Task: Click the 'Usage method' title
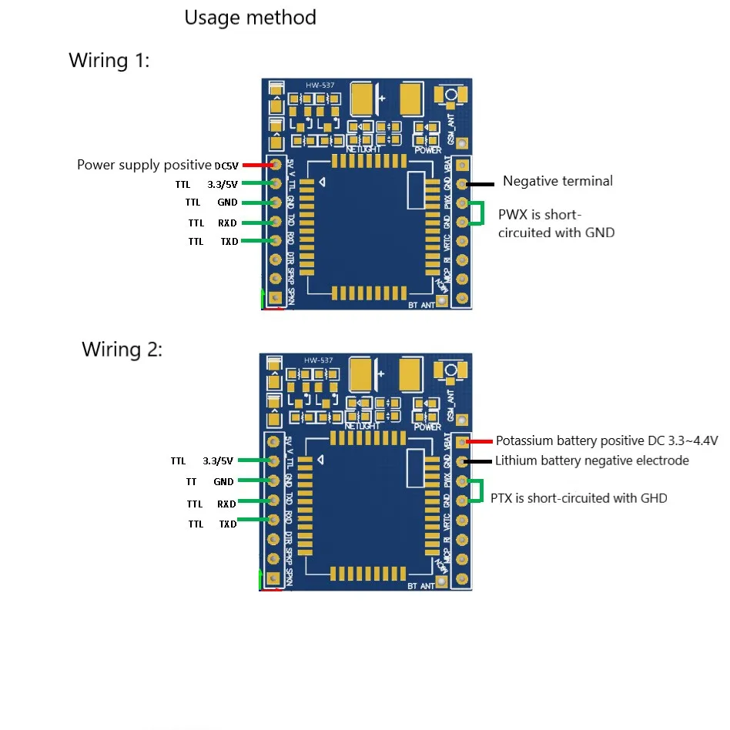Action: (x=250, y=18)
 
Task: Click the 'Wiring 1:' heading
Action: (x=109, y=61)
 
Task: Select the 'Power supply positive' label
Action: (x=144, y=165)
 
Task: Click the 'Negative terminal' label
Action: (x=558, y=181)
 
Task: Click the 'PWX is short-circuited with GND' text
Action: (x=556, y=223)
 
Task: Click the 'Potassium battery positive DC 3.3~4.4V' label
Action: (x=606, y=441)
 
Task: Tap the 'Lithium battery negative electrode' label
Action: (x=591, y=460)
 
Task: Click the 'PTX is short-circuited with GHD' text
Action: (x=578, y=498)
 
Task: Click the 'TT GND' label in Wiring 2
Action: (x=210, y=482)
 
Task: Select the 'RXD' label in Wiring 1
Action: (x=227, y=223)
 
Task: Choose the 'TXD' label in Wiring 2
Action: (x=227, y=524)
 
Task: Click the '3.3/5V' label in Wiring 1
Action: (x=223, y=184)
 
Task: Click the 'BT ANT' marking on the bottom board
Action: (x=421, y=586)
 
